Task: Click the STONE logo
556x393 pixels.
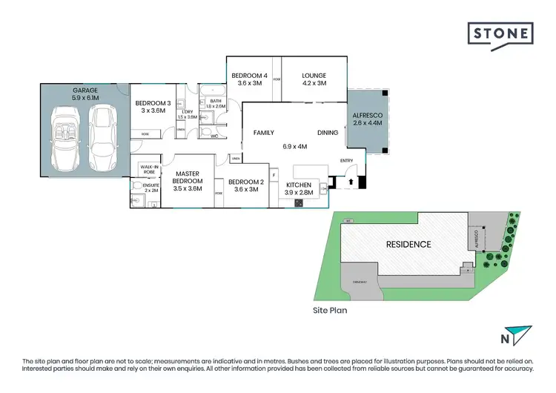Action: click(x=500, y=35)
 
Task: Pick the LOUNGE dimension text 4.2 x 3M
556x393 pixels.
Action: click(x=314, y=84)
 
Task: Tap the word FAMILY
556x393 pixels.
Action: click(x=264, y=133)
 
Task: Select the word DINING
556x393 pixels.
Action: click(x=328, y=133)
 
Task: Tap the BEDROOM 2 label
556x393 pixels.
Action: click(x=245, y=182)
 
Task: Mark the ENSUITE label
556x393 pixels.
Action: click(x=151, y=186)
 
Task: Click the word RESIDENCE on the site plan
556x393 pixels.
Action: click(x=408, y=244)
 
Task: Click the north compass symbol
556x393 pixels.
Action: click(x=517, y=336)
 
